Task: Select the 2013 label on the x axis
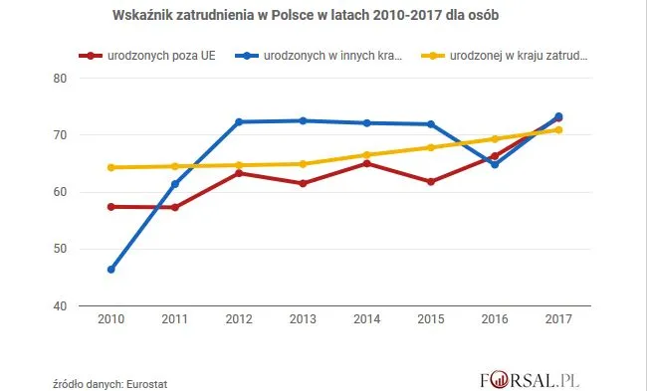[303, 320]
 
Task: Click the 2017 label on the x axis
[557, 320]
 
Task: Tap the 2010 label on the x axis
[111, 320]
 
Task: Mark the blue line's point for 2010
[111, 270]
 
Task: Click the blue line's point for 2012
[239, 122]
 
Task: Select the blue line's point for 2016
[495, 164]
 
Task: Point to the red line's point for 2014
[366, 163]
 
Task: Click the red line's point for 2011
[175, 208]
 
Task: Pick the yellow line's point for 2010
[111, 167]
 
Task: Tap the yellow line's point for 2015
[430, 147]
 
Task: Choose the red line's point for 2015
[430, 182]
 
